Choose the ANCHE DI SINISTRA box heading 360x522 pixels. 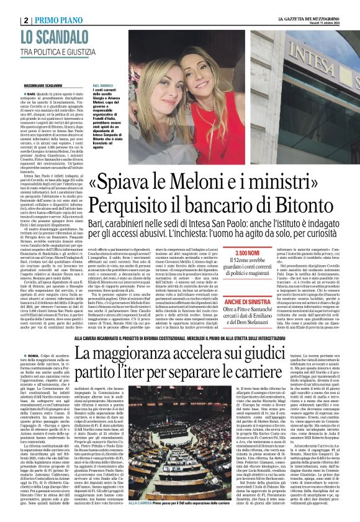coord(254,296)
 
